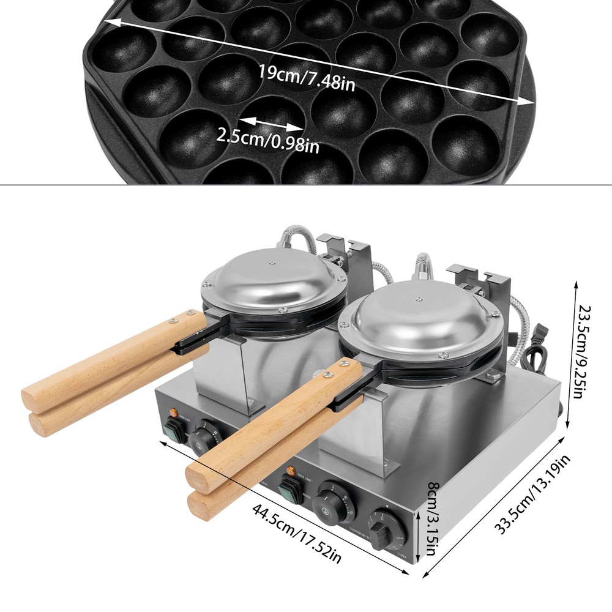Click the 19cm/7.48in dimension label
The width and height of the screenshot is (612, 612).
click(305, 78)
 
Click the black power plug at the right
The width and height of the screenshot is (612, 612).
click(542, 335)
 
